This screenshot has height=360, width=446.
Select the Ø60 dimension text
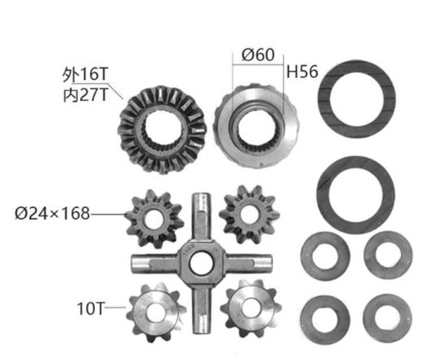click(256, 56)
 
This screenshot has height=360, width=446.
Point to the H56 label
click(301, 72)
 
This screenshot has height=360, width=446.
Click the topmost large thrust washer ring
click(360, 100)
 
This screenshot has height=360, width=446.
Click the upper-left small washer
click(325, 256)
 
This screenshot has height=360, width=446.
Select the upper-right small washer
click(387, 256)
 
